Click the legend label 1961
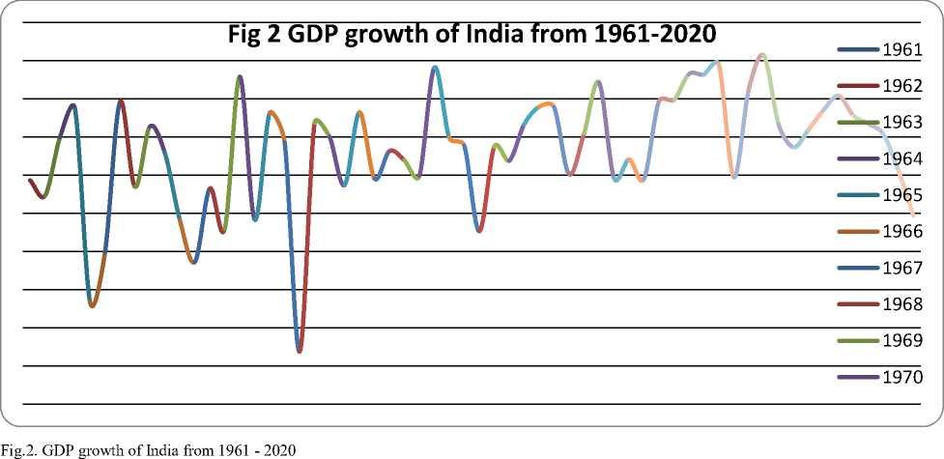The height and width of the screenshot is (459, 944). pyautogui.click(x=901, y=49)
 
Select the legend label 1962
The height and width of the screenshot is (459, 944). pyautogui.click(x=901, y=86)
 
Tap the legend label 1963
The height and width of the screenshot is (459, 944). pyautogui.click(x=901, y=123)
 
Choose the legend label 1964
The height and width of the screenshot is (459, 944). pyautogui.click(x=901, y=158)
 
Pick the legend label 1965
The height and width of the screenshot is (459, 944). pyautogui.click(x=901, y=195)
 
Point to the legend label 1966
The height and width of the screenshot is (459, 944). pyautogui.click(x=901, y=232)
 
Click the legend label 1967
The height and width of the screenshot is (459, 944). pyautogui.click(x=901, y=268)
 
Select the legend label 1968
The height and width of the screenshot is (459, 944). pyautogui.click(x=901, y=304)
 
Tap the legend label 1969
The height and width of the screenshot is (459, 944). pyautogui.click(x=901, y=341)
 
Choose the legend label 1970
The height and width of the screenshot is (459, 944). pyautogui.click(x=901, y=377)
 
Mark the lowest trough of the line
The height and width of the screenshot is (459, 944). pyautogui.click(x=300, y=351)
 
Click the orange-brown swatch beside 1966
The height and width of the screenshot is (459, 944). pyautogui.click(x=858, y=232)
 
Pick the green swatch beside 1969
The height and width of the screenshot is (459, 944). pyautogui.click(x=858, y=341)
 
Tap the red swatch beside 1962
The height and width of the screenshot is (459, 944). pyautogui.click(x=858, y=86)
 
